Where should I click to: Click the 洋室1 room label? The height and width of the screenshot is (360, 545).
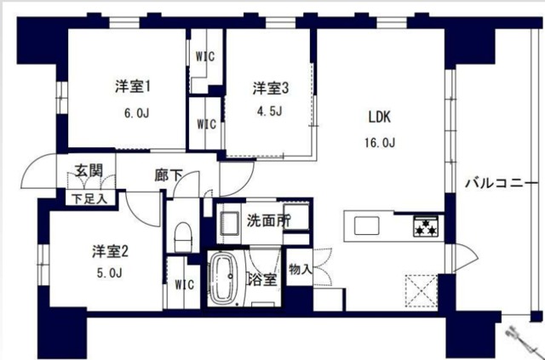point(134,86)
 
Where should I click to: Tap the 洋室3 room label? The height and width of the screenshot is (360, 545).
point(271,88)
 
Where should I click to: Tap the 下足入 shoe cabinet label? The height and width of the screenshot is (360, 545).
point(87,199)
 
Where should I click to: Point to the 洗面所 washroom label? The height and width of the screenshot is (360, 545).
point(267,220)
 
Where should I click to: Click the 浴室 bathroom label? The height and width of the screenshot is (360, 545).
point(261,280)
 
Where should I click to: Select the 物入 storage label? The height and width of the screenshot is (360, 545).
point(301,270)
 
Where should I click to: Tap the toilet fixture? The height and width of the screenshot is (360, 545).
point(181,233)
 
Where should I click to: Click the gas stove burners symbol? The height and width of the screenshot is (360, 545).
point(425,227)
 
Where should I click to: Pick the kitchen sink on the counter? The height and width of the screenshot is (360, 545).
point(367,226)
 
